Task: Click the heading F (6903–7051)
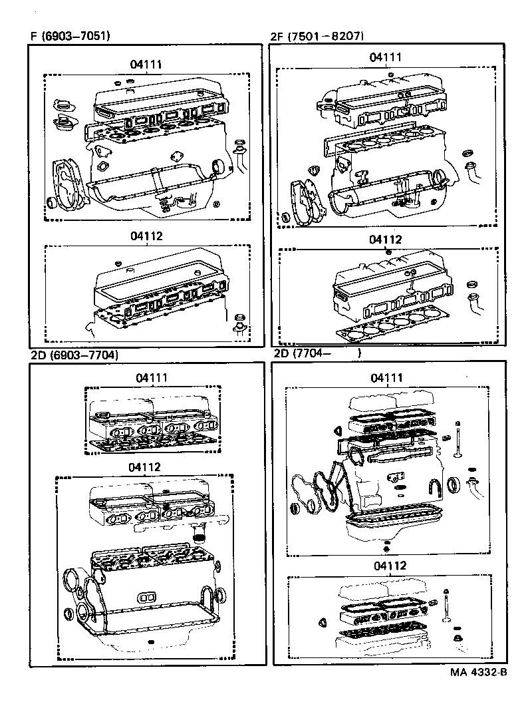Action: (70, 36)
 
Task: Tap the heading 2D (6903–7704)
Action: (74, 355)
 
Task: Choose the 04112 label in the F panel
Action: (146, 236)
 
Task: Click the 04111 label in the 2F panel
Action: (386, 57)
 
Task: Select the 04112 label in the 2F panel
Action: (386, 239)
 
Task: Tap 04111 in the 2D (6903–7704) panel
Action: (152, 377)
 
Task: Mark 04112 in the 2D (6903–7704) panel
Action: (145, 466)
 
